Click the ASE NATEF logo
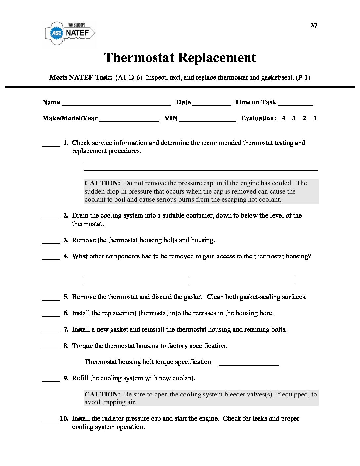(x=70, y=33)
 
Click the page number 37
(x=314, y=25)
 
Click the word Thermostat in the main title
(x=139, y=58)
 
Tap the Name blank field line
(x=116, y=104)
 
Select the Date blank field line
(x=211, y=104)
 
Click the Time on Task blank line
(x=295, y=104)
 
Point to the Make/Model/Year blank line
(x=129, y=120)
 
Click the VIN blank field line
(x=207, y=120)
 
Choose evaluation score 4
(x=283, y=118)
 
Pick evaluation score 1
(x=315, y=118)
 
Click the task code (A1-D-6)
(x=129, y=78)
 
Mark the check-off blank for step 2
(x=51, y=218)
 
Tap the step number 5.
(x=66, y=297)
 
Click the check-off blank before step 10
(x=51, y=421)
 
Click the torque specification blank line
(x=249, y=364)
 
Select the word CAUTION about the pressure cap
(x=102, y=183)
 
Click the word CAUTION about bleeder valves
(x=102, y=395)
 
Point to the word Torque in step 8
(x=82, y=346)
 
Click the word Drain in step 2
(x=80, y=216)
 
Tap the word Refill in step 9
(x=80, y=378)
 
